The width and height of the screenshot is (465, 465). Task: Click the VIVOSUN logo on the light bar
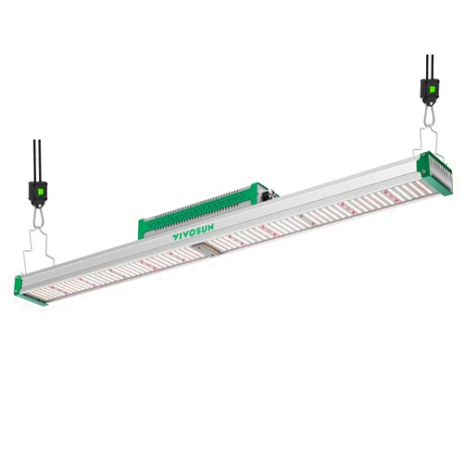(x=193, y=232)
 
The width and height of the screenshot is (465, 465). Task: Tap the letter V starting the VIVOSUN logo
(x=175, y=237)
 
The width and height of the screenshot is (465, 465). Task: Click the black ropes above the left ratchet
(x=37, y=160)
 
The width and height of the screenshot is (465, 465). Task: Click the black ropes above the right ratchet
(x=430, y=67)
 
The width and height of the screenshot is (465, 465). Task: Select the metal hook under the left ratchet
(x=38, y=218)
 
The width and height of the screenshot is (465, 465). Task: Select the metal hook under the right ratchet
(x=429, y=116)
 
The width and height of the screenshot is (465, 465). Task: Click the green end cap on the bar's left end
(x=30, y=292)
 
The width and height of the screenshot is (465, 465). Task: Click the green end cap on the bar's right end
(x=434, y=173)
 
